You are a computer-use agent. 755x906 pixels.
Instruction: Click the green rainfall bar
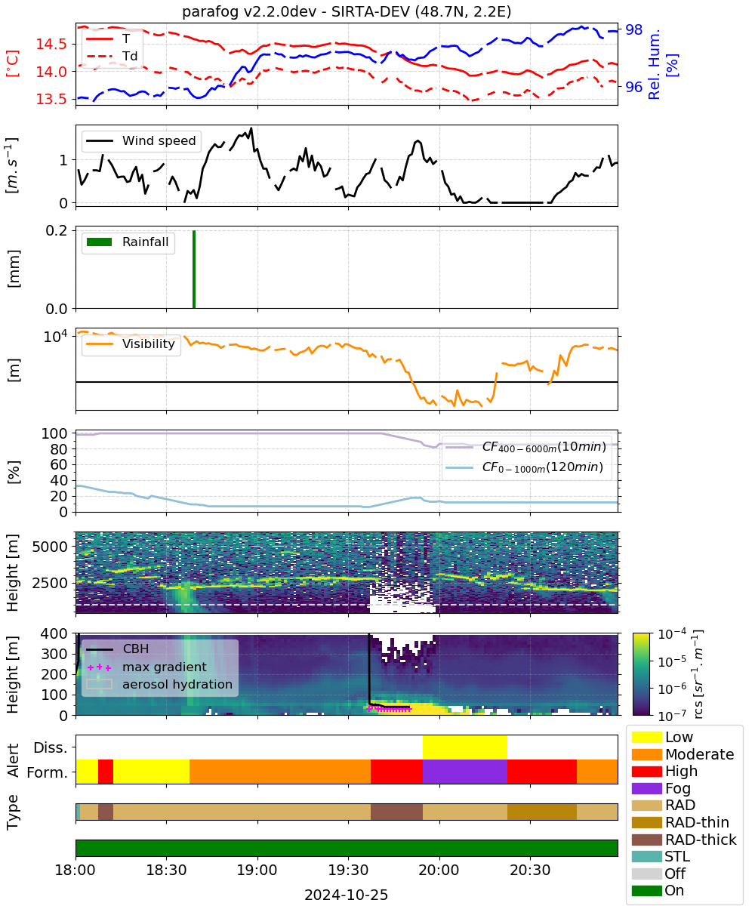194,269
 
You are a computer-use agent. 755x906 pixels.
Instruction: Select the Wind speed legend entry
141,140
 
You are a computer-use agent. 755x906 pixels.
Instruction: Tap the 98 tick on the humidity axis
633,29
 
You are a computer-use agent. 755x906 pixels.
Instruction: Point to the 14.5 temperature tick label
51,44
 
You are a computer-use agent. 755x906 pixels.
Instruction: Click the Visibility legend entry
131,344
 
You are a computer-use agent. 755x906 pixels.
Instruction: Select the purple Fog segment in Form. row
465,771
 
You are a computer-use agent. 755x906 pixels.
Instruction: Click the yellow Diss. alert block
465,747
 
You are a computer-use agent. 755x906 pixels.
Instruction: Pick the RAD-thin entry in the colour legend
680,822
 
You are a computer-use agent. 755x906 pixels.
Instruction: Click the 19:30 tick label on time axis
348,870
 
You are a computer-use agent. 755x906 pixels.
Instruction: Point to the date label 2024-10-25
347,895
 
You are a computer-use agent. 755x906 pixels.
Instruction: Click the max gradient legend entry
147,667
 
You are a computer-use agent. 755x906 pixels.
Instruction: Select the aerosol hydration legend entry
159,684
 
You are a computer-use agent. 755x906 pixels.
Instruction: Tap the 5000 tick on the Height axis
50,547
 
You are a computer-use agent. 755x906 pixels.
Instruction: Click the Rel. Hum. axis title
661,64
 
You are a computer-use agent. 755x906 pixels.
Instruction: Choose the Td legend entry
112,56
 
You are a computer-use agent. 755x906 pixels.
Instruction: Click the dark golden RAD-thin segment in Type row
542,812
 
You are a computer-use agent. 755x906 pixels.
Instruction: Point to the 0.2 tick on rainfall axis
57,230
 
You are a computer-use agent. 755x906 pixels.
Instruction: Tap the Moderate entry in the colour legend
683,754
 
